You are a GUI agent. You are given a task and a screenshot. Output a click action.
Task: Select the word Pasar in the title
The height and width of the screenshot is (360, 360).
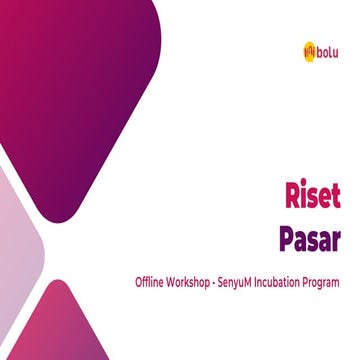click(x=310, y=240)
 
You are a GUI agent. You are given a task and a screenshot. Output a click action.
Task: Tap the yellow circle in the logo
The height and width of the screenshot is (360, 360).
click(x=309, y=48)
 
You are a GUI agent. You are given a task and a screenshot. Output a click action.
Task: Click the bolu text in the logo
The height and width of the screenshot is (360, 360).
click(x=327, y=48)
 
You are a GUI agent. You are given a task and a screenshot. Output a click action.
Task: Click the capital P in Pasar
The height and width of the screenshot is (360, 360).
click(x=287, y=240)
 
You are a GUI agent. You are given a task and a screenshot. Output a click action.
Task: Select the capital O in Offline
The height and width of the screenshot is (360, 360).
click(x=139, y=283)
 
